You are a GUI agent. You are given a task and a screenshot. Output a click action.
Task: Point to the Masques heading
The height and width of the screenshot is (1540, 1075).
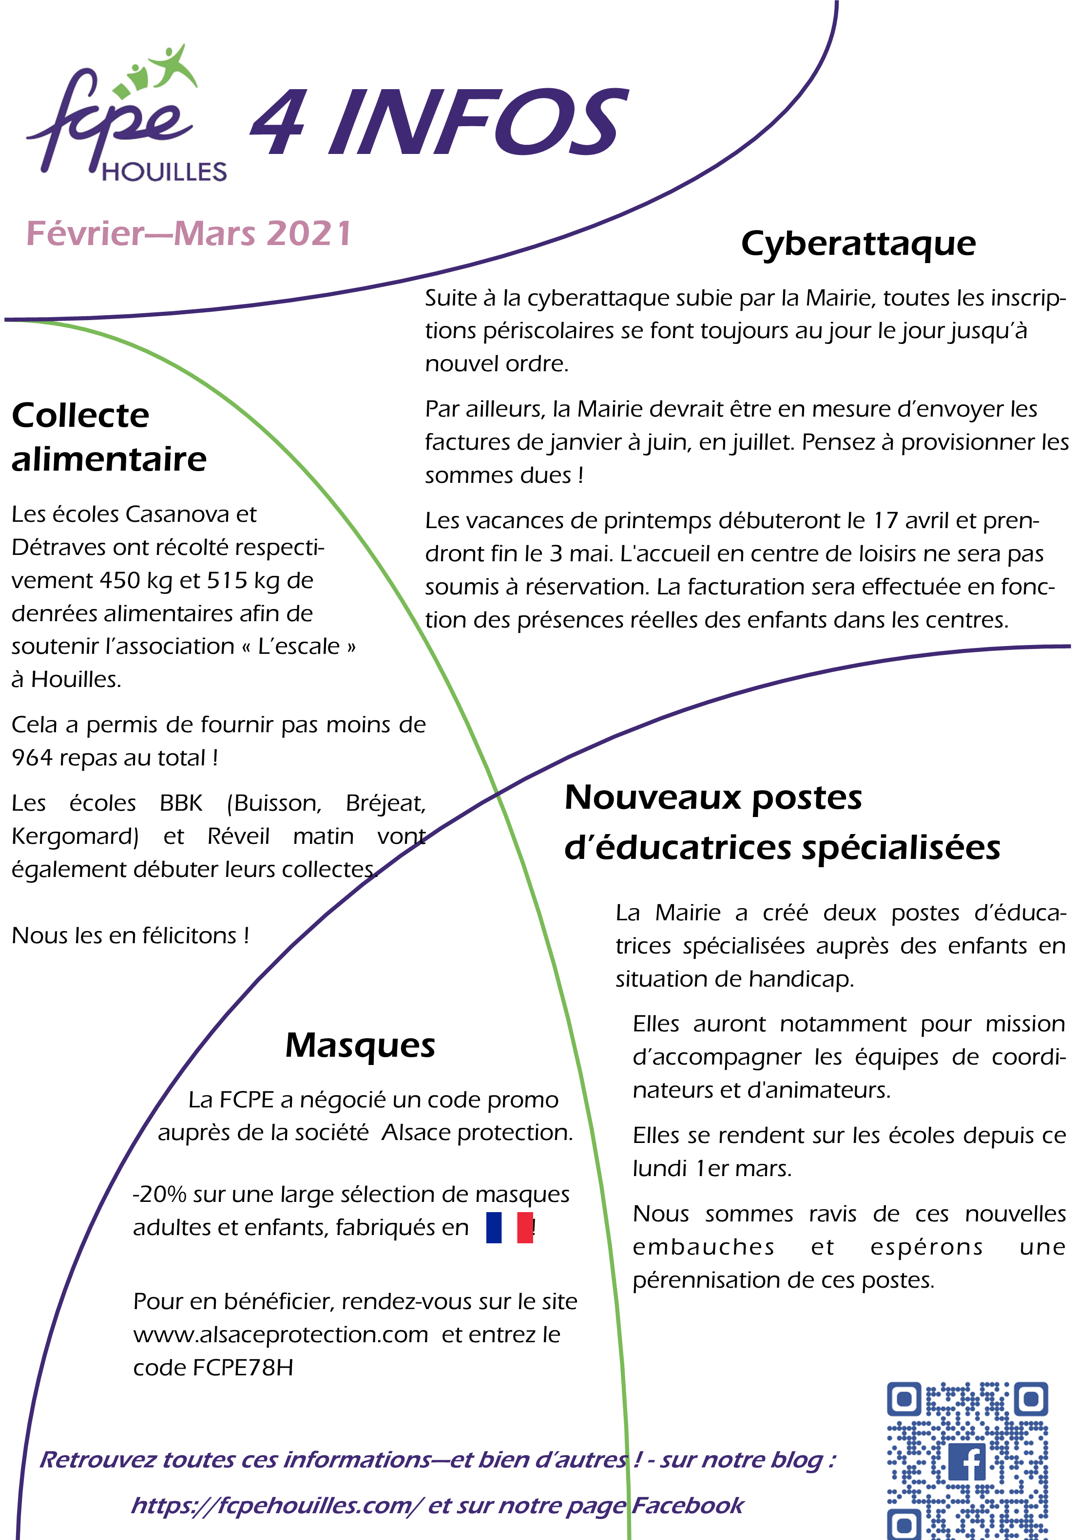coord(360,1045)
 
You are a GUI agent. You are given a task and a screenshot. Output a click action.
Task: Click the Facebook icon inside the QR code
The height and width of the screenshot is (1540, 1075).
coord(966,1462)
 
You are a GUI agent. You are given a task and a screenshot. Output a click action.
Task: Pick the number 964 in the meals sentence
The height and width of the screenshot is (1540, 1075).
coord(32,758)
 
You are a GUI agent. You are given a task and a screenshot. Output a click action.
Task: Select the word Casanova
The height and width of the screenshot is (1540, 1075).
coord(177,514)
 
